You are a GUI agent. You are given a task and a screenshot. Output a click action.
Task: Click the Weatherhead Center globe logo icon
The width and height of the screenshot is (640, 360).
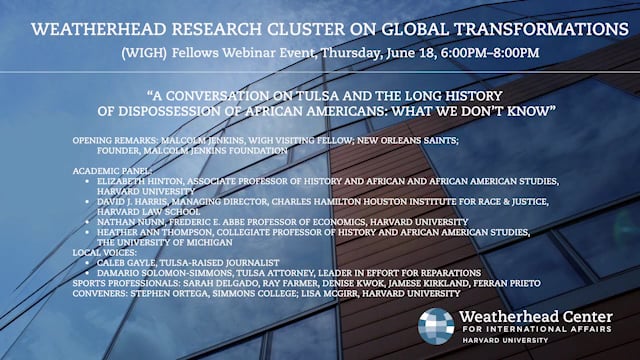click(436, 326)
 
